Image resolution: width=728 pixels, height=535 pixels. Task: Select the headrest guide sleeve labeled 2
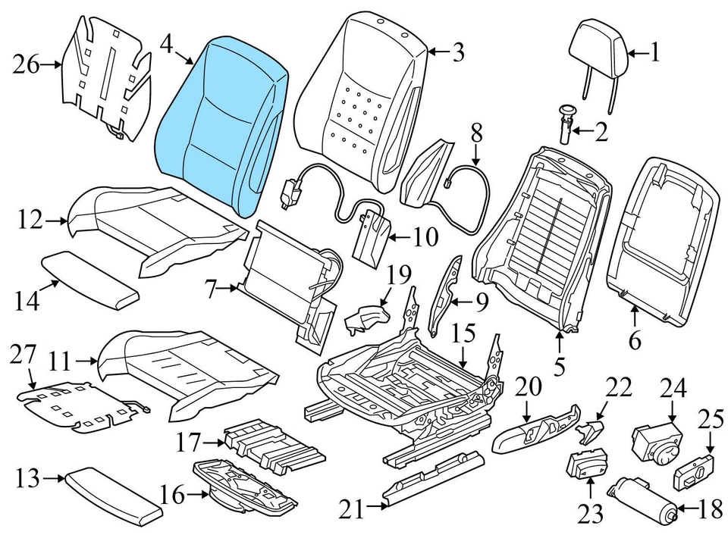tap(566, 124)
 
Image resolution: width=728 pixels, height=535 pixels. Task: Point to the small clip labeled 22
tap(589, 431)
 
